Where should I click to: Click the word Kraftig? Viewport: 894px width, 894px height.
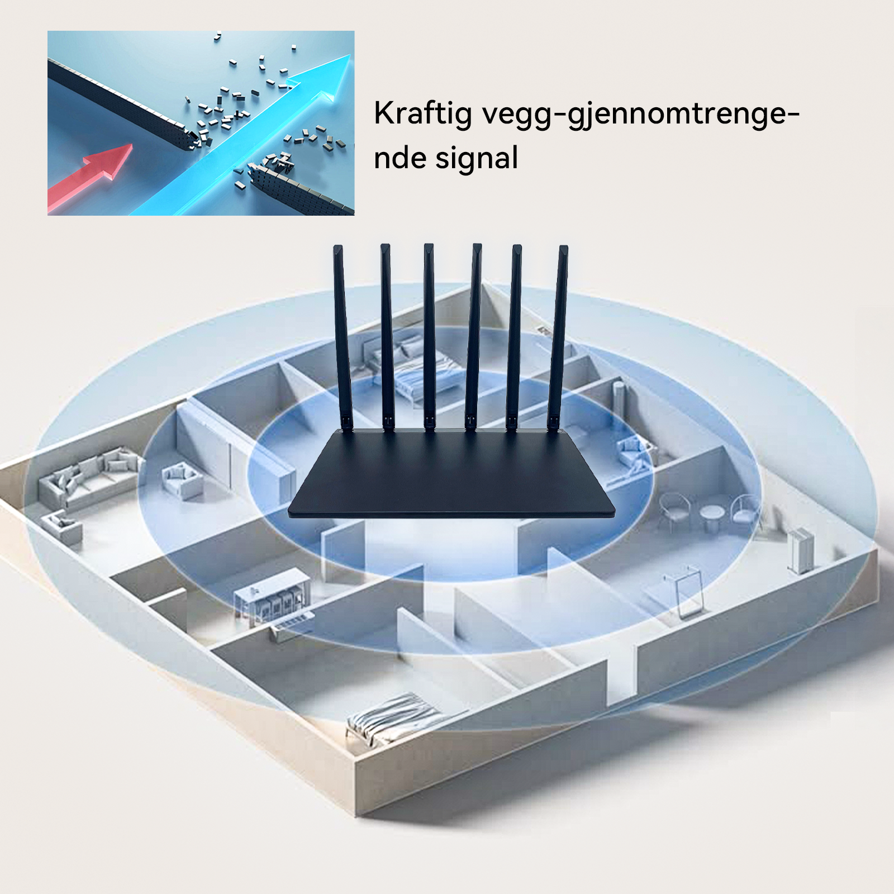click(x=422, y=115)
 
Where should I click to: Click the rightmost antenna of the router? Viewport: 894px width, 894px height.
click(x=557, y=338)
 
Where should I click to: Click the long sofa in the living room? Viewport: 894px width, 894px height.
click(x=88, y=477)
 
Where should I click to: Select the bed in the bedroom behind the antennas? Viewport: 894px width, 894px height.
click(x=408, y=369)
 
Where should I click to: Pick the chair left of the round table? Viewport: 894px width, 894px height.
click(x=673, y=511)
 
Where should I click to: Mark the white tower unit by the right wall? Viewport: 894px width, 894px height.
click(x=800, y=551)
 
